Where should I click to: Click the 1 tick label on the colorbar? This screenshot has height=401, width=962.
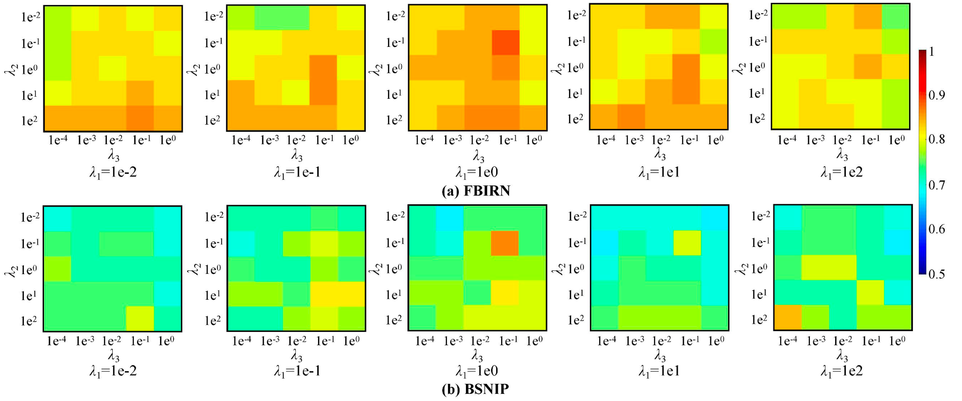(x=931, y=51)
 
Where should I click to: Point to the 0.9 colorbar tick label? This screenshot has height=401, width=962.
(x=936, y=95)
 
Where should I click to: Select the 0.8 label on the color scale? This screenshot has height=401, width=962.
(x=936, y=139)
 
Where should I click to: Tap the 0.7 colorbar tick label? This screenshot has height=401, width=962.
(x=936, y=185)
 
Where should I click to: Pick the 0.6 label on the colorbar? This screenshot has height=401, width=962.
(x=936, y=229)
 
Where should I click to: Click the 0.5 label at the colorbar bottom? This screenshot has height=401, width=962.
(x=936, y=274)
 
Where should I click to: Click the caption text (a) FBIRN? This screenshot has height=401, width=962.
(x=476, y=191)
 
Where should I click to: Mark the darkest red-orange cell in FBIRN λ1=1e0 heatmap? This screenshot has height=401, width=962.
(x=506, y=43)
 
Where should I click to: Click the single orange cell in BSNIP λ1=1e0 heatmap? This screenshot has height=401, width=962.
(x=505, y=243)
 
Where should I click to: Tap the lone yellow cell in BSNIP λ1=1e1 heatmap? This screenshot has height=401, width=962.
(x=687, y=243)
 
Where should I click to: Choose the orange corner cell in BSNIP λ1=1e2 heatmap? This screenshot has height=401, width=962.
(x=788, y=317)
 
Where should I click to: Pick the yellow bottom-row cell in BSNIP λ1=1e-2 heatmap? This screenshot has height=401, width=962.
(x=140, y=319)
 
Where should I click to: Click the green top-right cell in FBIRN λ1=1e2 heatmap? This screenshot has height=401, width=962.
(x=896, y=16)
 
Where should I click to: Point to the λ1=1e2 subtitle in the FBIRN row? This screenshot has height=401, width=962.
(x=841, y=172)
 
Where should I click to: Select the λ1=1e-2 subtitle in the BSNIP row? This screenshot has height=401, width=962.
(x=113, y=371)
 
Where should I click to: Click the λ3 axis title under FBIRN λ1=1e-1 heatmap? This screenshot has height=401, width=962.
(x=297, y=155)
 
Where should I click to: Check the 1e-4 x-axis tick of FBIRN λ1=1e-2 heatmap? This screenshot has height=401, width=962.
(x=58, y=140)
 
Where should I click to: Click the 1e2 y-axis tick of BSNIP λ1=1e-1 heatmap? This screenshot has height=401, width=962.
(x=212, y=321)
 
